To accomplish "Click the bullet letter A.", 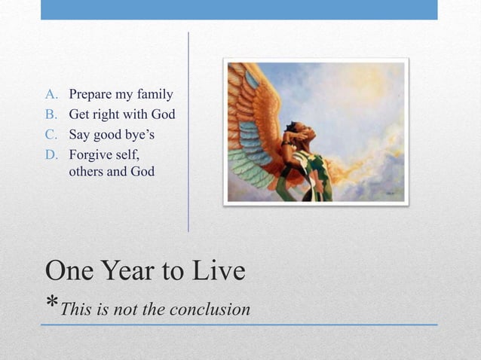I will pyautogui.click(x=51, y=95).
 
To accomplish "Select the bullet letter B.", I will pyautogui.click(x=51, y=115).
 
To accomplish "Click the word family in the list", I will pyautogui.click(x=154, y=96).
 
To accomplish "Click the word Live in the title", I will pyautogui.click(x=219, y=270).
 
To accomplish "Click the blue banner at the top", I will pyautogui.click(x=239, y=9).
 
